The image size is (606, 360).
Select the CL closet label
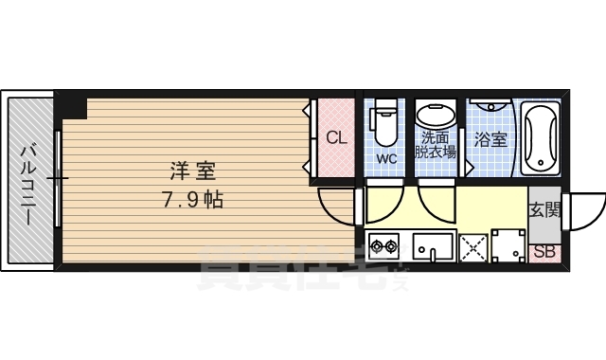(x=335, y=137)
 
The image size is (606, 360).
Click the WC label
(x=386, y=158)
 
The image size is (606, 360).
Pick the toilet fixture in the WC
(x=385, y=122)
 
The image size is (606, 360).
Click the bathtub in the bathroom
(x=541, y=139)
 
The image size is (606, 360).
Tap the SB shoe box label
(x=544, y=253)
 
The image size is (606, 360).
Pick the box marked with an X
(x=472, y=248)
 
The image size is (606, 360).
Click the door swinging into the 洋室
(x=335, y=203)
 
